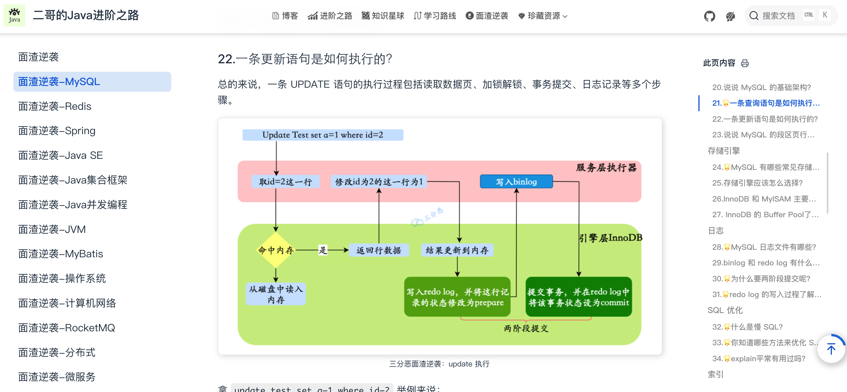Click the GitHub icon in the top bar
tap(709, 16)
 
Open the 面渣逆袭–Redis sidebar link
tap(55, 106)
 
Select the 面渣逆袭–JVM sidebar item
tap(52, 229)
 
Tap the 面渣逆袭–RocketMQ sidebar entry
tap(66, 328)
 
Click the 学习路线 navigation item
tap(435, 16)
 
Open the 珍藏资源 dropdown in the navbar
tap(543, 16)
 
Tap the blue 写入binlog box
tap(516, 181)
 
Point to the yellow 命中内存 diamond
tap(275, 250)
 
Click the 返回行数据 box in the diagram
tap(379, 250)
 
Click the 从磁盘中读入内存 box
tap(275, 294)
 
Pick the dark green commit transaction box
tap(579, 297)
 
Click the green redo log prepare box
tap(457, 297)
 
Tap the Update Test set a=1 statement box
tap(322, 135)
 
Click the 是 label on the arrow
tap(323, 250)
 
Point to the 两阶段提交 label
tap(526, 328)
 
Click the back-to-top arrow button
tap(830, 349)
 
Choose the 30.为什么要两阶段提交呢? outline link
tap(761, 278)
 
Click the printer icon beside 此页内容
tap(745, 63)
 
